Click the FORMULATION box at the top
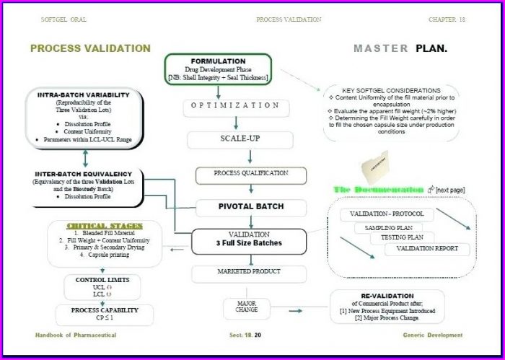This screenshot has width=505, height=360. point(218,69)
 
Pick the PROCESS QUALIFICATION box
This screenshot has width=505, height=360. point(250,174)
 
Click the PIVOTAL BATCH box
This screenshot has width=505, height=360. point(250,207)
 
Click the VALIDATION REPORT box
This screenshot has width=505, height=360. point(426,250)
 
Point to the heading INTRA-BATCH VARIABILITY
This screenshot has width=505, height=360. point(83,95)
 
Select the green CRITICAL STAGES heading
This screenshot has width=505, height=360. point(105,225)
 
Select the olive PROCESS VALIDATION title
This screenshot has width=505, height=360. point(90,48)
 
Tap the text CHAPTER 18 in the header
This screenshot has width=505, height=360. point(447,19)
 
